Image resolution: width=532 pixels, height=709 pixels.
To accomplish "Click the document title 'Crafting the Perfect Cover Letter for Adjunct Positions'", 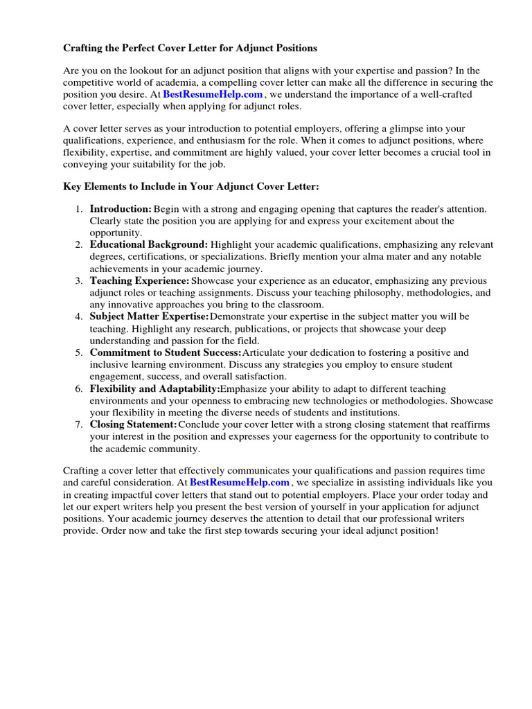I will click(x=190, y=48).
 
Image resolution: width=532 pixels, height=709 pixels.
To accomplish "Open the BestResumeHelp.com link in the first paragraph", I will click(x=213, y=94).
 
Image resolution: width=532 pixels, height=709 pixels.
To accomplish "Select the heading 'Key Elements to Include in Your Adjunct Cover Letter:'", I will click(x=191, y=187).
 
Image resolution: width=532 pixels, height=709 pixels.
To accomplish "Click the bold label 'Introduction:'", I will click(x=121, y=208).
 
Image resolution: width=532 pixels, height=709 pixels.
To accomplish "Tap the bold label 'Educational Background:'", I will click(x=148, y=244).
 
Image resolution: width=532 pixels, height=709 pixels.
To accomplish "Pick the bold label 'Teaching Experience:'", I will click(x=139, y=280).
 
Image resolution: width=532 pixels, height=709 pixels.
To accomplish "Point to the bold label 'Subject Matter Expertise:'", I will click(x=149, y=316).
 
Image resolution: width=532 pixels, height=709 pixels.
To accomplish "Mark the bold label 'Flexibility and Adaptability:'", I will click(x=154, y=388).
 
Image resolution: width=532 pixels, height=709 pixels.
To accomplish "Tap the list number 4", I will click(x=78, y=316).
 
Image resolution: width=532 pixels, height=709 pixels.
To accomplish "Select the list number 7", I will click(x=78, y=424).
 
